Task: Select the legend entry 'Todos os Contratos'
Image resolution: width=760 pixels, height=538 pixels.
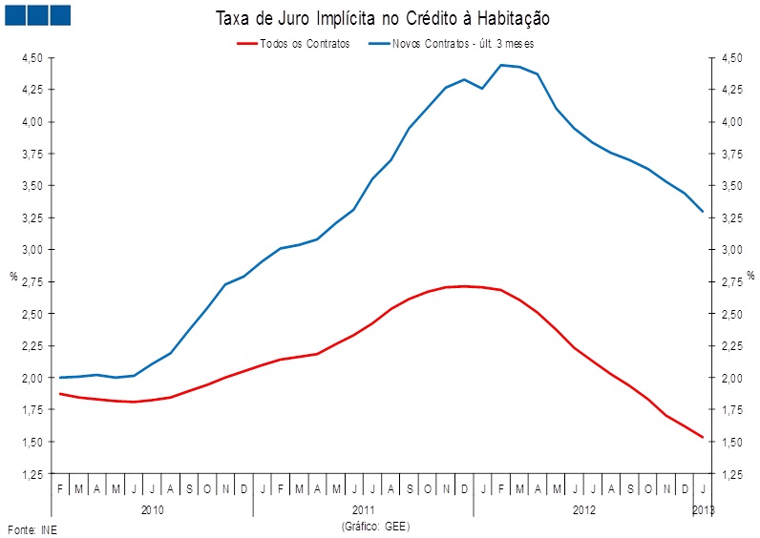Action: pos(305,44)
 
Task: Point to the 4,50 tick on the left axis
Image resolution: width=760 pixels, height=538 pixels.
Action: pos(32,58)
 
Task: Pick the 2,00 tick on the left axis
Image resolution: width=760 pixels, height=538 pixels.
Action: pos(32,378)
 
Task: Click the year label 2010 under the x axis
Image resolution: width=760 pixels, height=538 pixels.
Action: pos(153,510)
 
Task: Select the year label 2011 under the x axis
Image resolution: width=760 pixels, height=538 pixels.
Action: pos(363,510)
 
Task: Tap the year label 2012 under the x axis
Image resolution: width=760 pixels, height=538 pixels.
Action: pos(584,510)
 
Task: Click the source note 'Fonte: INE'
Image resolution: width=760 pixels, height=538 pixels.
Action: pos(32,529)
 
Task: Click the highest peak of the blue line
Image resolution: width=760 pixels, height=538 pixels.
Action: pos(501,65)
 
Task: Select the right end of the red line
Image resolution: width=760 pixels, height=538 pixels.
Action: pos(703,438)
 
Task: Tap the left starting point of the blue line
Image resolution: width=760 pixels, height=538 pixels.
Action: pos(60,378)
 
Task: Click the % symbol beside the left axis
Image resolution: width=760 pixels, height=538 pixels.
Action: pos(13,277)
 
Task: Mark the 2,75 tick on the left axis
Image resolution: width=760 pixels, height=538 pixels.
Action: pos(32,281)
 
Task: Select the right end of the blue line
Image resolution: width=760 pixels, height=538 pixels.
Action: pos(703,212)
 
